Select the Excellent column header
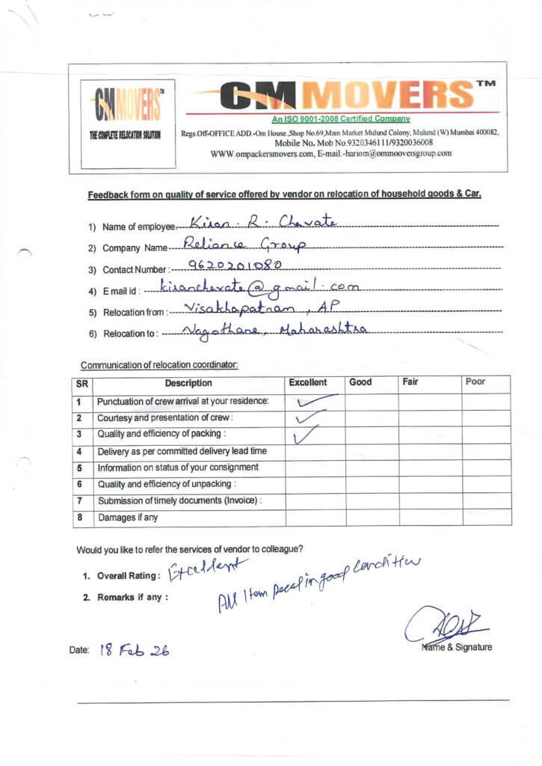(308, 382)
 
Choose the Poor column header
(475, 382)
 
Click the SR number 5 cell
(78, 468)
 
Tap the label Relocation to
(130, 334)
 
